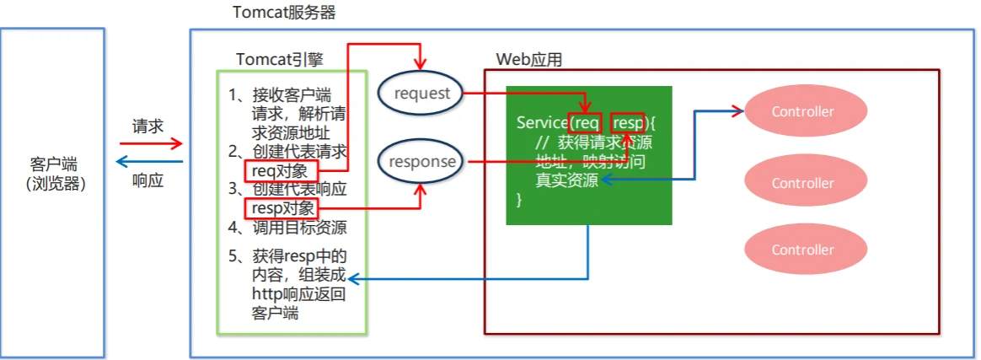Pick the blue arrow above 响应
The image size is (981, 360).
coord(148,162)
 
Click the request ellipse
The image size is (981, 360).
coord(421,94)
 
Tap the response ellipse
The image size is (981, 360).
coord(421,161)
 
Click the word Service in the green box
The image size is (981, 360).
coord(542,123)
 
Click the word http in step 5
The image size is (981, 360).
coord(265,293)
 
